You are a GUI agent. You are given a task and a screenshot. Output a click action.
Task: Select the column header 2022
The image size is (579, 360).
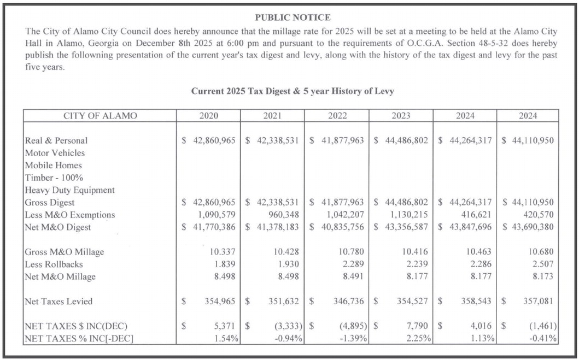pos(337,116)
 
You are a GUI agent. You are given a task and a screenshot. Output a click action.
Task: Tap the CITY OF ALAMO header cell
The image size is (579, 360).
pos(100,116)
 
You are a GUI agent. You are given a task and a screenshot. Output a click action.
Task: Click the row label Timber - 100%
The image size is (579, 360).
pos(53,178)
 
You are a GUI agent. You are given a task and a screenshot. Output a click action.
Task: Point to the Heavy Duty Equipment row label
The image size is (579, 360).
pos(70,190)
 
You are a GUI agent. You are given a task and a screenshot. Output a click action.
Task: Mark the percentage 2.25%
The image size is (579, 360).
pos(419,338)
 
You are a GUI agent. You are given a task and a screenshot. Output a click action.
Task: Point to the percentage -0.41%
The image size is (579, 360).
pos(544,338)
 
